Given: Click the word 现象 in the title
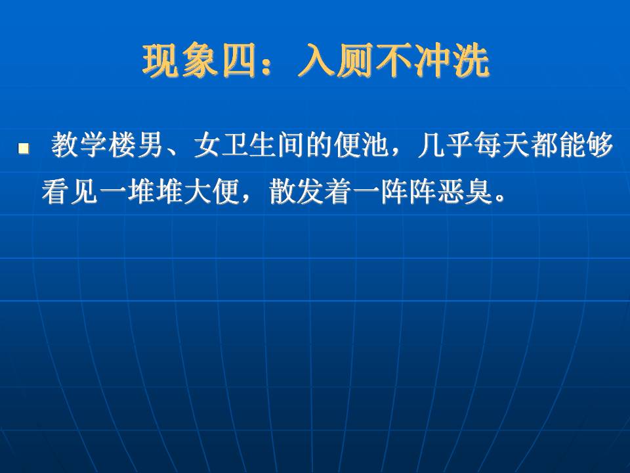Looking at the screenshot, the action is click(180, 60).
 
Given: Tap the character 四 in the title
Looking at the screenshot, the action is click(240, 60).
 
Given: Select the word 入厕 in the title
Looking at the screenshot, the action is click(336, 60).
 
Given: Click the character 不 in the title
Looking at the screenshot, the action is click(394, 60).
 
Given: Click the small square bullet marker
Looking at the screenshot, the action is click(24, 148).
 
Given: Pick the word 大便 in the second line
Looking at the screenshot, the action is click(212, 191).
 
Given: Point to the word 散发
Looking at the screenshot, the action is click(297, 191).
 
